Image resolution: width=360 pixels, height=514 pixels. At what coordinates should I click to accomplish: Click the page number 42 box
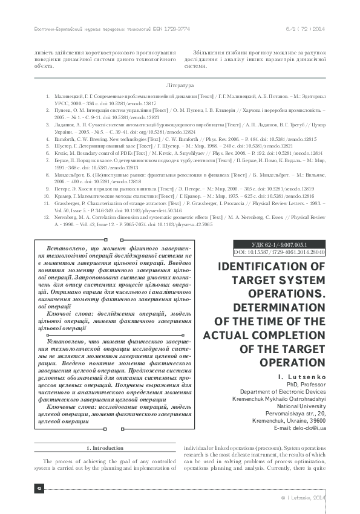[x=39, y=489]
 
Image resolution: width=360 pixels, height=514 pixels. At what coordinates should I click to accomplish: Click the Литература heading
[x=180, y=86]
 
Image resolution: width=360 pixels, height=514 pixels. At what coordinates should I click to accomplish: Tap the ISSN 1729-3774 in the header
[x=178, y=29]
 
